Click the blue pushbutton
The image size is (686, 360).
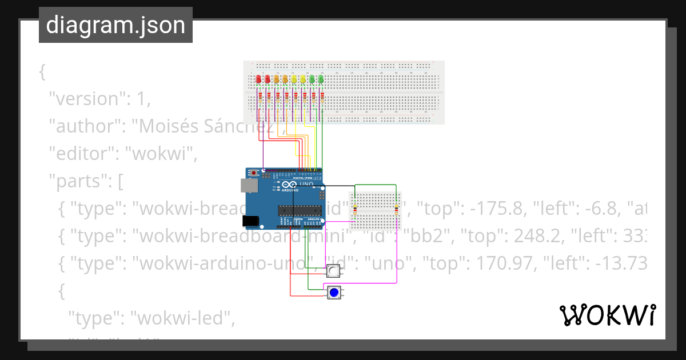tap(334, 293)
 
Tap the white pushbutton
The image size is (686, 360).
tap(333, 271)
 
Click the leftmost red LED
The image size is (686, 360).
tap(258, 79)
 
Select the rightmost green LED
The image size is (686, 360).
tap(321, 79)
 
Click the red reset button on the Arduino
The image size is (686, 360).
tap(254, 172)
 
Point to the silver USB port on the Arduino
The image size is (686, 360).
tap(249, 185)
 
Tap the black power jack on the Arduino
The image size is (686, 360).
tap(250, 221)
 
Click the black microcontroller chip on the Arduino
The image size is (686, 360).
tap(299, 210)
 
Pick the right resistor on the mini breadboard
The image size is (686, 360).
tap(396, 210)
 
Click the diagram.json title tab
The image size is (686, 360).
tap(115, 25)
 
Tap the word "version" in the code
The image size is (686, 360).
tap(85, 99)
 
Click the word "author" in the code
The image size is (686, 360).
tap(83, 126)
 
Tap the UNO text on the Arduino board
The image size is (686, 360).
tap(314, 184)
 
